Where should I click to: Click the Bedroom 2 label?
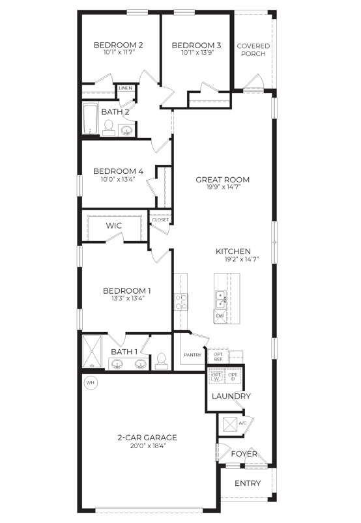[x=118, y=45]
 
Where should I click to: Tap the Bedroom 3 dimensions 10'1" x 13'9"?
[x=196, y=53]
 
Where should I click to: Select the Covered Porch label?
[x=252, y=49]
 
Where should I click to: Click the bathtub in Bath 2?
[x=91, y=119]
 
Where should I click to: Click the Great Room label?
[x=222, y=180]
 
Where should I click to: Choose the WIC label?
[x=115, y=225]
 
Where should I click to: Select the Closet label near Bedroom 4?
[x=160, y=220]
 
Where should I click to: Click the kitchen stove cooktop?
[x=181, y=301]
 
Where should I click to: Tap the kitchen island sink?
[x=222, y=298]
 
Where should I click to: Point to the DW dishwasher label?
[x=220, y=316]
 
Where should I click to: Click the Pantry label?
[x=192, y=355]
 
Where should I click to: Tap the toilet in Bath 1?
[x=160, y=360]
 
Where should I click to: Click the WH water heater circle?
[x=91, y=382]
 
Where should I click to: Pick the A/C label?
[x=242, y=423]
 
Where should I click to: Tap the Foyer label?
[x=244, y=454]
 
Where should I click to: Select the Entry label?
[x=247, y=483]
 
